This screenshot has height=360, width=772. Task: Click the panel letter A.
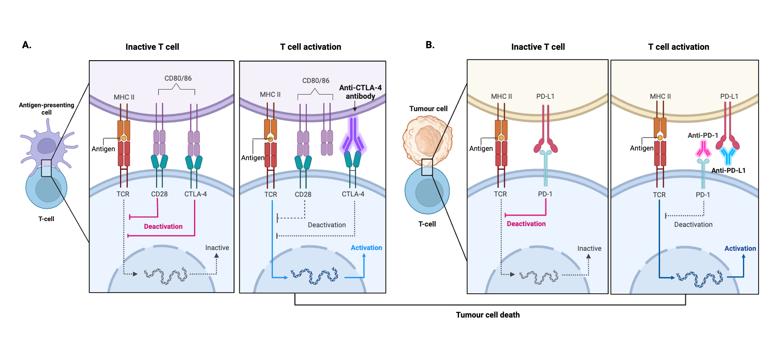pos(26,45)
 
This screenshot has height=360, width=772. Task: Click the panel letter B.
pos(430,45)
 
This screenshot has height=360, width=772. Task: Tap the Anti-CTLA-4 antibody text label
pos(360,92)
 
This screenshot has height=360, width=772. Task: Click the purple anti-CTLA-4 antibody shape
pos(353,135)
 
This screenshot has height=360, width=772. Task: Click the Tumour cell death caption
pos(488,315)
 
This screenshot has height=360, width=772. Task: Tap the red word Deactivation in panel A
pos(163,226)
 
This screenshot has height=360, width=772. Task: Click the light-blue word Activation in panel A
pos(366,248)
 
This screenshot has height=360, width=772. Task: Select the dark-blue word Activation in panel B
pos(740,248)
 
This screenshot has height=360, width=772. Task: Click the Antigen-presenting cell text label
pos(46,108)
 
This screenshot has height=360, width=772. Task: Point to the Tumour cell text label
pos(428,109)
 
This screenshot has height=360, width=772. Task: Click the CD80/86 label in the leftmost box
pos(178,78)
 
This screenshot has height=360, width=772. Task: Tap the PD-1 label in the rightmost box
pos(703,195)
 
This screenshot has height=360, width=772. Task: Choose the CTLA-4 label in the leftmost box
pos(195,194)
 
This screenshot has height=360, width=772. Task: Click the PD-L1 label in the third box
pos(545,96)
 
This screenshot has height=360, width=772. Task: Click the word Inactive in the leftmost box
pos(217,248)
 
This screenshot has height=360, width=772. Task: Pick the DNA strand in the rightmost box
pos(699,278)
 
